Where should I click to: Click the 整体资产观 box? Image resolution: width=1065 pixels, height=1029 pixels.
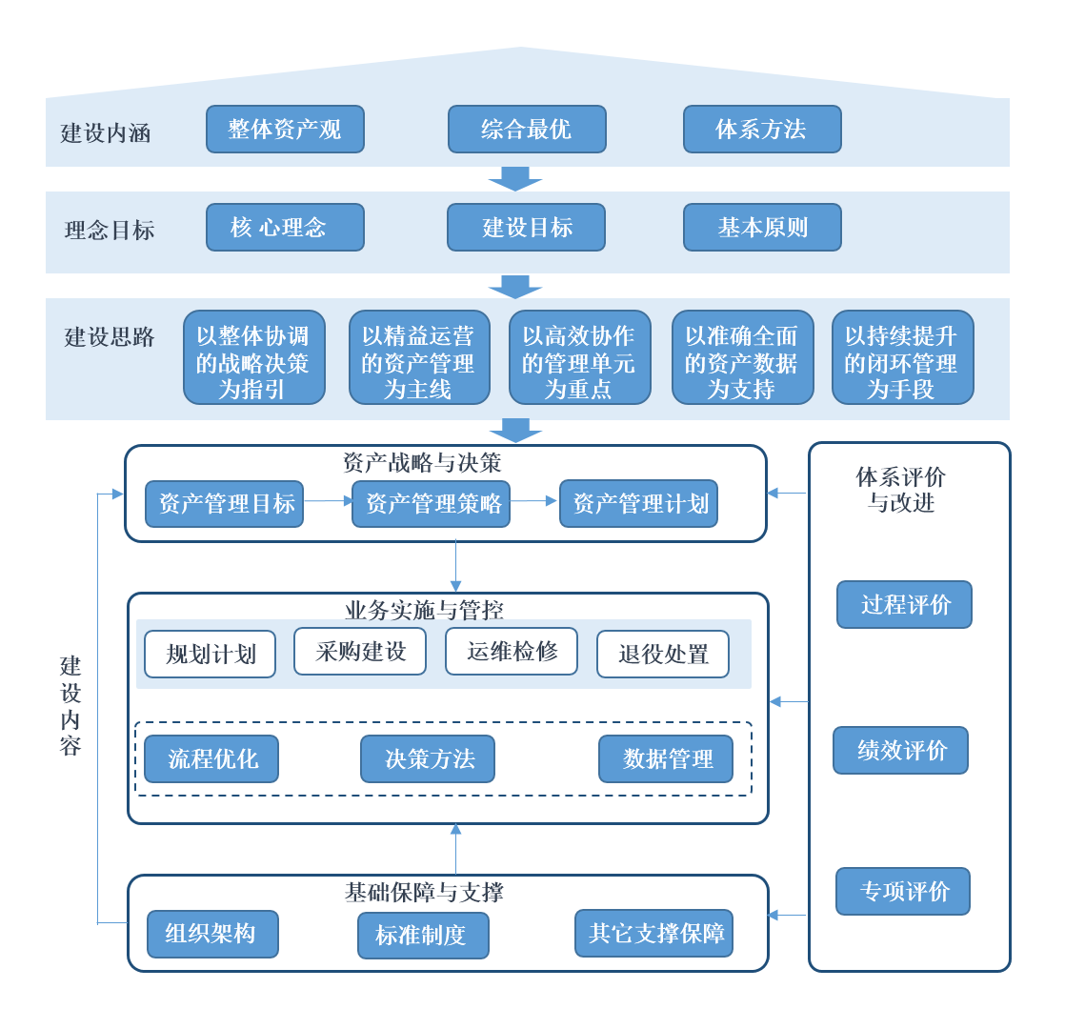coord(285,130)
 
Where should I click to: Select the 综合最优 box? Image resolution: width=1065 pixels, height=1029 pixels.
coord(527,130)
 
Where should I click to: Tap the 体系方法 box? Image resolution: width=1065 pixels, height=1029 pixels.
coord(762,130)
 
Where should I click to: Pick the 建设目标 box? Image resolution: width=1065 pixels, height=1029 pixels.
coord(526,228)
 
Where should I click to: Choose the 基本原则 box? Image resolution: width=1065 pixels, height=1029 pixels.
coord(762,228)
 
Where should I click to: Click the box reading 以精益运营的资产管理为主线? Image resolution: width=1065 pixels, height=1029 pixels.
coord(419,357)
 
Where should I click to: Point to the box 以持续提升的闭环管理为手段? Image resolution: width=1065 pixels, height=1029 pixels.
coord(902,357)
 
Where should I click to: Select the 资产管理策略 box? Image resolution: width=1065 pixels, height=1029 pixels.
coord(431,504)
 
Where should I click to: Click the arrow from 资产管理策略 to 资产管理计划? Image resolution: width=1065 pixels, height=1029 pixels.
coord(533,501)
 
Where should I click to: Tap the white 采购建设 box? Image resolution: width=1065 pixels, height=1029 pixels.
coord(360,652)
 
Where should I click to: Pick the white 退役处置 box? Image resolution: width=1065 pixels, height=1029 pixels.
coord(663,655)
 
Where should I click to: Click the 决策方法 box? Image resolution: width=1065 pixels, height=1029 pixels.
coord(428,759)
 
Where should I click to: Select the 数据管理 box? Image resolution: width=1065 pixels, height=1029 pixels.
coord(666,759)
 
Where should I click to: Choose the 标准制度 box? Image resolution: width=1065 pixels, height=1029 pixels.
coord(423,936)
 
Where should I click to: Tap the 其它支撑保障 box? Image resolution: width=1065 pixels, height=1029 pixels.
coord(653,933)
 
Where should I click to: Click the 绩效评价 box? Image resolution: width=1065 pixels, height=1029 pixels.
coord(900,751)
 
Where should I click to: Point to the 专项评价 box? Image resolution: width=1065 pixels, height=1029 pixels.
coord(903,892)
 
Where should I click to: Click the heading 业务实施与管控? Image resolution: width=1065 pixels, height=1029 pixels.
coord(424,610)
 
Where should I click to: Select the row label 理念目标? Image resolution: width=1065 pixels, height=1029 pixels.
coord(110,231)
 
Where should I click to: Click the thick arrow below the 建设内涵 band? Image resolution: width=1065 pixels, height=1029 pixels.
coord(515,179)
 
